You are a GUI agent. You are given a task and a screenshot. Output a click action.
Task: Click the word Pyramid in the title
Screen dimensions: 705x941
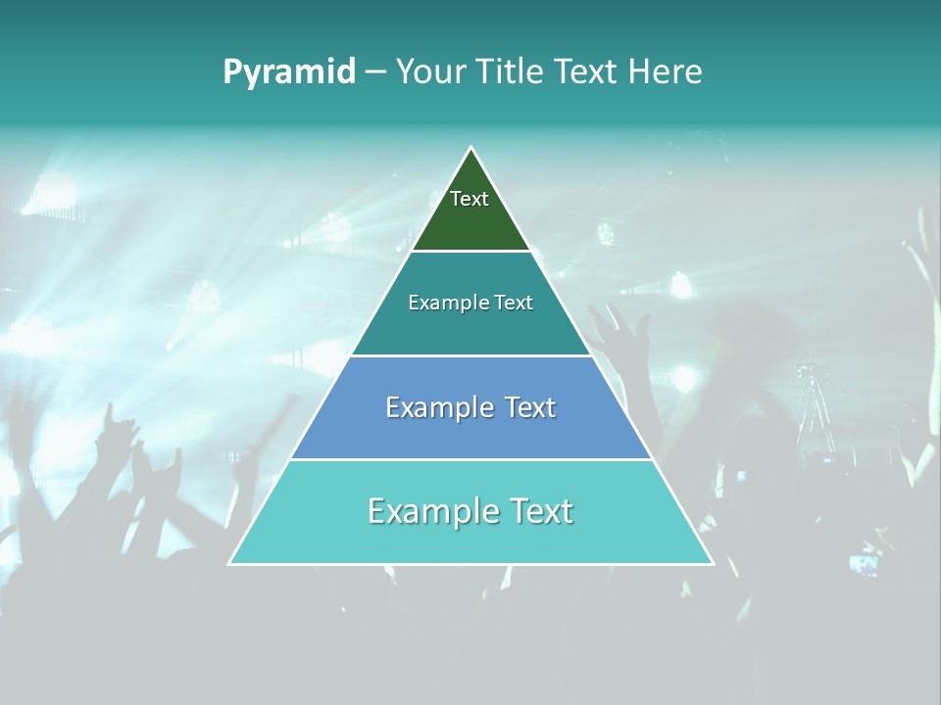pos(288,72)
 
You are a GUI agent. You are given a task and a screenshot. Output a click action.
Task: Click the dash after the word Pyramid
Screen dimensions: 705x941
pos(375,72)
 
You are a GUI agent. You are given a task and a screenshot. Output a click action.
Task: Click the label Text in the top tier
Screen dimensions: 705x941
pos(470,199)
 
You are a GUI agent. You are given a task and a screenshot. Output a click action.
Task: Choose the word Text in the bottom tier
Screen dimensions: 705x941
pos(538,511)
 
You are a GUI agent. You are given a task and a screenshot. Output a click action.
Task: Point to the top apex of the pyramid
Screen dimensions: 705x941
pos(471,148)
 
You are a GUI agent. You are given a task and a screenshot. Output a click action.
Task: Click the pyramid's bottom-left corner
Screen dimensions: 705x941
pos(229,563)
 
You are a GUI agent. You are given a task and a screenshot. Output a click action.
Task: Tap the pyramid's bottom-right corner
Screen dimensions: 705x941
pos(713,563)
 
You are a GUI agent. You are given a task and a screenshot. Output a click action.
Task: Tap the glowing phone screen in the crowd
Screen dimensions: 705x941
pos(864,564)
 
